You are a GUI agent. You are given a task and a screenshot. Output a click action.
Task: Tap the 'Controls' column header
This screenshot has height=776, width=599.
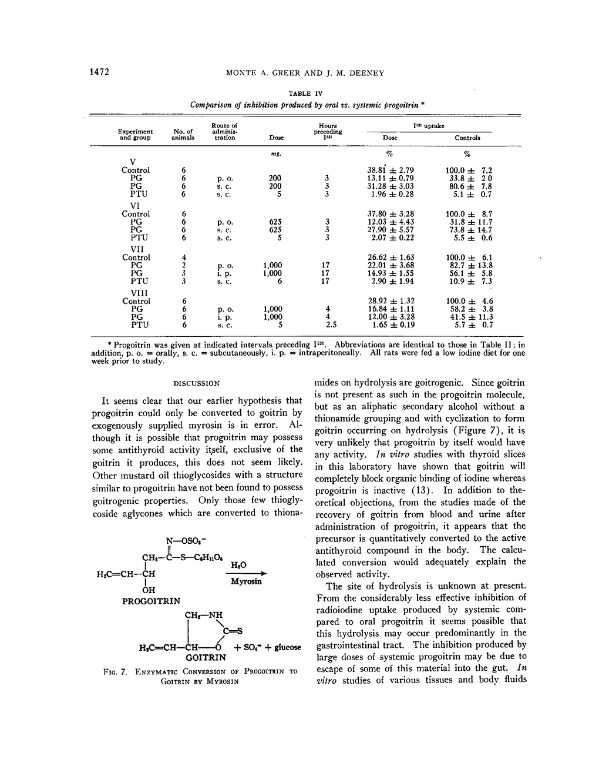[x=467, y=138]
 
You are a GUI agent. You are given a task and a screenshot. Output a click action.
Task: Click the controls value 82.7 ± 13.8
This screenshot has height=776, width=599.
[x=469, y=265]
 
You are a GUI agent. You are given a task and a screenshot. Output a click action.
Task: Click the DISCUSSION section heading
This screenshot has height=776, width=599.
[x=197, y=383]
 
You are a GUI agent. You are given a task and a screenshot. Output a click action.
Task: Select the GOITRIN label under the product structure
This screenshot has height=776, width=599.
[x=206, y=657]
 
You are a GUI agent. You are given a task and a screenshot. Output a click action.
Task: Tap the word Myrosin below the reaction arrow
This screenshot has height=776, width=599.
[x=246, y=581]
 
